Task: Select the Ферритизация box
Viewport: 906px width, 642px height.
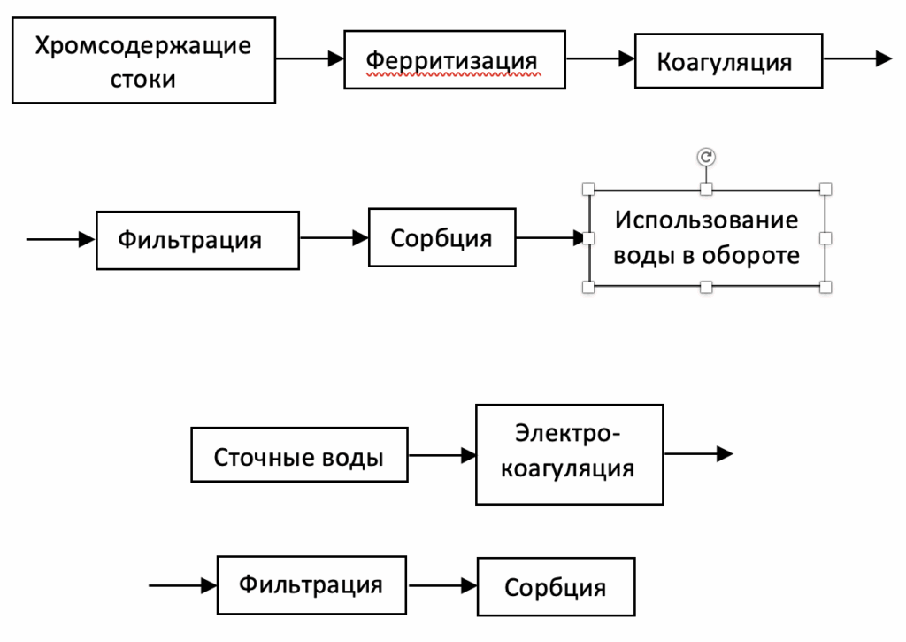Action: [x=455, y=61]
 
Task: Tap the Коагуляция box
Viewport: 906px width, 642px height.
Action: [x=728, y=61]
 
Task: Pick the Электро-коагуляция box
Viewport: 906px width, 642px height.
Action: [x=569, y=454]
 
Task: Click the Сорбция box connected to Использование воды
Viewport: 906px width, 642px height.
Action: [x=441, y=238]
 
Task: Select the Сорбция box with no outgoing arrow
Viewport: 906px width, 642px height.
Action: [x=556, y=586]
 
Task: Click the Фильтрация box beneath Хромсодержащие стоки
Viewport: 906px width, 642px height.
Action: [x=197, y=238]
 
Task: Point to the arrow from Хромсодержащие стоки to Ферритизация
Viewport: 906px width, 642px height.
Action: [x=310, y=59]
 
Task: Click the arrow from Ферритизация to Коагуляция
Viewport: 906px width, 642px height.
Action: [x=600, y=59]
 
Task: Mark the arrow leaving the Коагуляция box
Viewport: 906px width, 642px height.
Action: [x=856, y=59]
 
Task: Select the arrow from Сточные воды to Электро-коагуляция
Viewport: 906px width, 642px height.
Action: [x=442, y=455]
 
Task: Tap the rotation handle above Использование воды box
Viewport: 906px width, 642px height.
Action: [x=706, y=157]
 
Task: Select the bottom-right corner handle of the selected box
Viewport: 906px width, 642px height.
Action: [x=825, y=286]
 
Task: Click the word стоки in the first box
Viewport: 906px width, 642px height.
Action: [x=142, y=78]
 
